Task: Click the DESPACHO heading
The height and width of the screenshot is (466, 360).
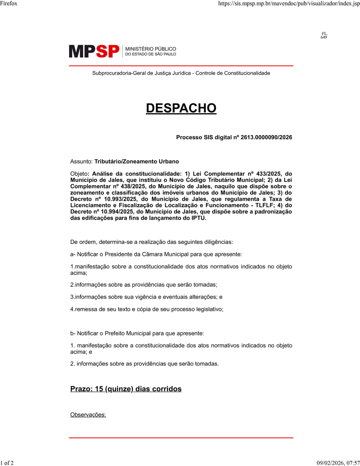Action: pyautogui.click(x=181, y=108)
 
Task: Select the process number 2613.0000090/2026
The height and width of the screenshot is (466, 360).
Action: pyautogui.click(x=266, y=137)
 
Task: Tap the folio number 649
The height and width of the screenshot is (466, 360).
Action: pyautogui.click(x=324, y=37)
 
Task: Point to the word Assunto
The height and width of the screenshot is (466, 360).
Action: pyautogui.click(x=81, y=162)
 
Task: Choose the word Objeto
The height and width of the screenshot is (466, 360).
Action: pyautogui.click(x=80, y=173)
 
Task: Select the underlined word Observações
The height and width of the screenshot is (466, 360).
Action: pyautogui.click(x=88, y=415)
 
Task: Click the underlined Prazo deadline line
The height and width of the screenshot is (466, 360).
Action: pyautogui.click(x=126, y=389)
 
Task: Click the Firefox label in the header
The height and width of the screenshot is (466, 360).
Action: pyautogui.click(x=9, y=4)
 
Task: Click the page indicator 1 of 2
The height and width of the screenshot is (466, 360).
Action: pyautogui.click(x=7, y=463)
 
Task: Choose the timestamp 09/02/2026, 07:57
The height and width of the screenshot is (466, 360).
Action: pyautogui.click(x=338, y=463)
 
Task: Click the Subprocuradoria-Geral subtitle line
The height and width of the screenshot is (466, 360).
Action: pyautogui.click(x=181, y=73)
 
